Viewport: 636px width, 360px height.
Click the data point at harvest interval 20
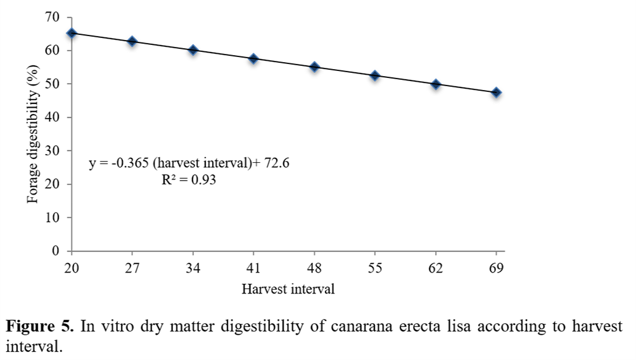click(72, 33)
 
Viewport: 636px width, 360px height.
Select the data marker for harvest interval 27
click(132, 42)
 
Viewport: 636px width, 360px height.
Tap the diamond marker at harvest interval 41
click(253, 59)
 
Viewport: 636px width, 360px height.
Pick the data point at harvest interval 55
click(375, 76)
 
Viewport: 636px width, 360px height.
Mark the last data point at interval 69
click(497, 93)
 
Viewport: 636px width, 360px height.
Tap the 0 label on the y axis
click(56, 251)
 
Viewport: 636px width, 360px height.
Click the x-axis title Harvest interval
click(288, 290)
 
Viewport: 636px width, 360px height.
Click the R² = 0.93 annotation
click(189, 180)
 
